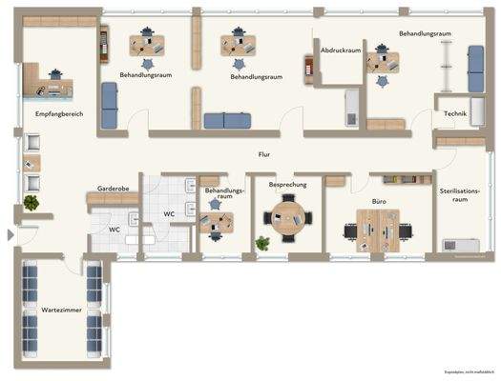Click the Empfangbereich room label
coord(59,113)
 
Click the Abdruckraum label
coord(341,50)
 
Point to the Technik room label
coord(454,114)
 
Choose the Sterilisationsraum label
coord(459,196)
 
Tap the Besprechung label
coord(287,184)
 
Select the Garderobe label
coord(113,189)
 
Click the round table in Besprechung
coord(286,217)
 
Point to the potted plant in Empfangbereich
coord(32,203)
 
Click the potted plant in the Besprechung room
coord(262,243)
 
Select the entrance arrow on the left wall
coord(10,234)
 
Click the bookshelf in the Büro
coord(402,178)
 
